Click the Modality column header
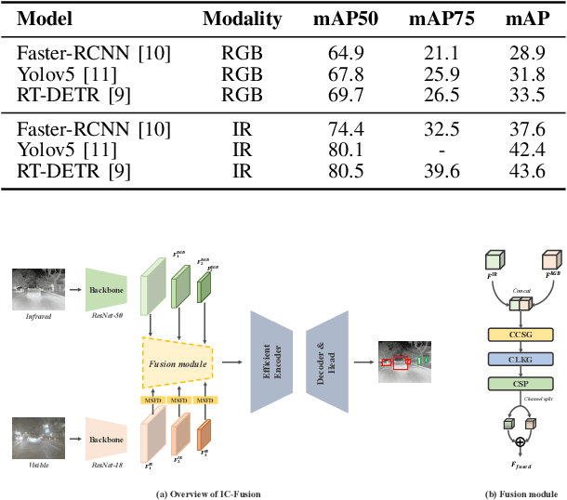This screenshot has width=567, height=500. coord(242,19)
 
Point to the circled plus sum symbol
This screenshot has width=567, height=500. coord(507,440)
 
